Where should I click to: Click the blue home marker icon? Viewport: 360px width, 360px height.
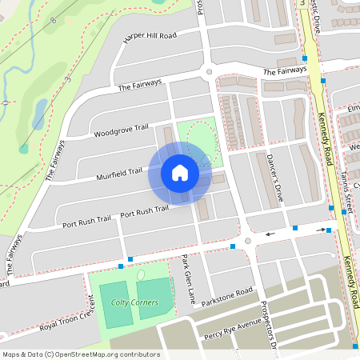click(180, 173)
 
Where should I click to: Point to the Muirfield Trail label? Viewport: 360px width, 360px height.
click(119, 170)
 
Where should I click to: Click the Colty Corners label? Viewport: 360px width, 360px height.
click(135, 302)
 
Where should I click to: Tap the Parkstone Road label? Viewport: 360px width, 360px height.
click(228, 295)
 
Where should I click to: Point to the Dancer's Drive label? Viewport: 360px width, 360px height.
click(276, 175)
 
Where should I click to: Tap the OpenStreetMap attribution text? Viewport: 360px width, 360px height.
click(81, 354)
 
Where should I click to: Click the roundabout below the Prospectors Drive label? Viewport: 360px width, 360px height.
click(247, 241)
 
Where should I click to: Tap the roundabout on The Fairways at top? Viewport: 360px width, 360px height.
click(210, 71)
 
